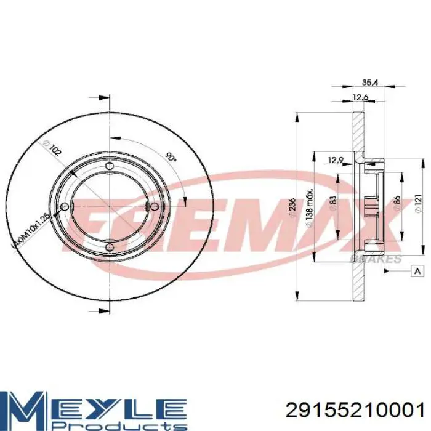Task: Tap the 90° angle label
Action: [171, 158]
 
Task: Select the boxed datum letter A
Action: [419, 272]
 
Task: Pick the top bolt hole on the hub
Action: [110, 166]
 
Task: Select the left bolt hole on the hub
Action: [64, 207]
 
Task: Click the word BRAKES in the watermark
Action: [376, 260]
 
